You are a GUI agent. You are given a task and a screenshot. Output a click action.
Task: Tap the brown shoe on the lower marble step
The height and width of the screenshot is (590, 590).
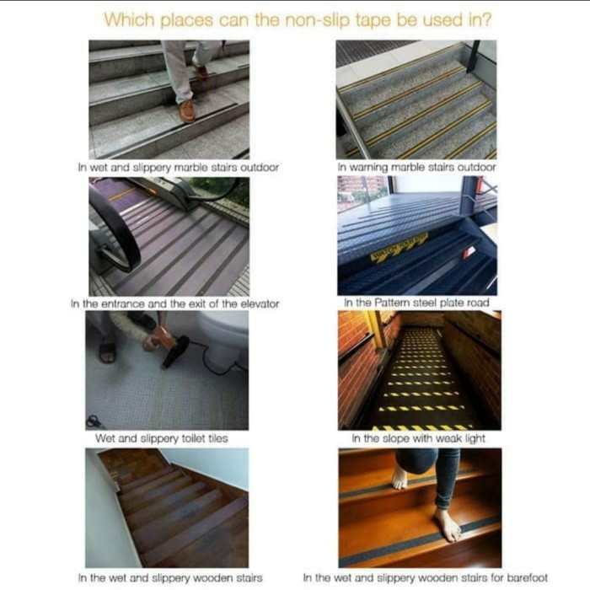pyautogui.click(x=187, y=111)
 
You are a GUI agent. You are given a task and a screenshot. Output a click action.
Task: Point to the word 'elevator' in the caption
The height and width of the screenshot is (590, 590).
pyautogui.click(x=260, y=303)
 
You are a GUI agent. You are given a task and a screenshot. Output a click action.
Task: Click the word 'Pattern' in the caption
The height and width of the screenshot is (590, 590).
pyautogui.click(x=393, y=303)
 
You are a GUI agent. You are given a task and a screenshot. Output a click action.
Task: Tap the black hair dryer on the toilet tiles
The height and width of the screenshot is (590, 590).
pyautogui.click(x=175, y=351)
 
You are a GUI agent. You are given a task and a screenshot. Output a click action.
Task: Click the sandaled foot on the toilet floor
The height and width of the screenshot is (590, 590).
pyautogui.click(x=107, y=349)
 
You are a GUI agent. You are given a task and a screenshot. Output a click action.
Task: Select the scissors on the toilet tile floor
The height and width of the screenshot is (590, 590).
pyautogui.click(x=94, y=422)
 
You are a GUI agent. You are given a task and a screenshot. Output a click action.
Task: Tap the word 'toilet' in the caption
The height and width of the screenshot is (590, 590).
pyautogui.click(x=193, y=438)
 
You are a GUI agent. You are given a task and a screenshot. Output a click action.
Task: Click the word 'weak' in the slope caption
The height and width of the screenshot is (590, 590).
pyautogui.click(x=448, y=438)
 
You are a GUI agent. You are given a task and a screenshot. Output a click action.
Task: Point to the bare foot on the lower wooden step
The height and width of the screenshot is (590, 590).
pyautogui.click(x=448, y=524)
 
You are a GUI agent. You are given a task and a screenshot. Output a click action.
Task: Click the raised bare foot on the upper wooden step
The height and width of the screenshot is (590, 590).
pyautogui.click(x=400, y=478)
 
